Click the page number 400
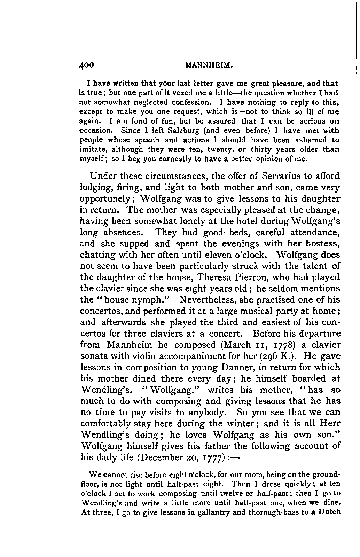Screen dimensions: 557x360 tap(87, 65)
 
